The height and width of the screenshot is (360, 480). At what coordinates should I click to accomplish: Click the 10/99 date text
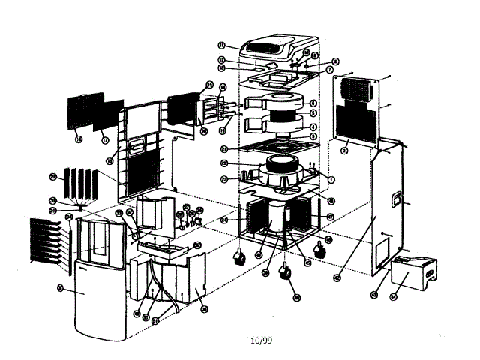pyautogui.click(x=261, y=340)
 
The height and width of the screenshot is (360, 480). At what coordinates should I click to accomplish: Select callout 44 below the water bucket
pyautogui.click(x=393, y=296)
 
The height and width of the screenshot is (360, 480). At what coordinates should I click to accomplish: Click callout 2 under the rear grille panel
pyautogui.click(x=343, y=151)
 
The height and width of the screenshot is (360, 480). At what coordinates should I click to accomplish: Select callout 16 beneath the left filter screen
pyautogui.click(x=78, y=139)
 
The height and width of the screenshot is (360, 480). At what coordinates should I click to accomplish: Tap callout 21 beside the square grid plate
pyautogui.click(x=225, y=148)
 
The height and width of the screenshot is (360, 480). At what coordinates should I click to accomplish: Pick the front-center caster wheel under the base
pyautogui.click(x=286, y=274)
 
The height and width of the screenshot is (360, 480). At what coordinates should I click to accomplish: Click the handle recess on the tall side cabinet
pyautogui.click(x=394, y=199)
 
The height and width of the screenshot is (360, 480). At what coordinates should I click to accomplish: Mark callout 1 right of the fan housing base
pyautogui.click(x=331, y=179)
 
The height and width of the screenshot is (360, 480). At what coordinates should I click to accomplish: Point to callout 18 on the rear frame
pyautogui.click(x=109, y=160)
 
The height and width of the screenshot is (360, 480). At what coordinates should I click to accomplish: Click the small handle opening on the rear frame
pyautogui.click(x=136, y=142)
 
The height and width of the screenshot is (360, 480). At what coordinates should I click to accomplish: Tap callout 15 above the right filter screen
pyautogui.click(x=210, y=84)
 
